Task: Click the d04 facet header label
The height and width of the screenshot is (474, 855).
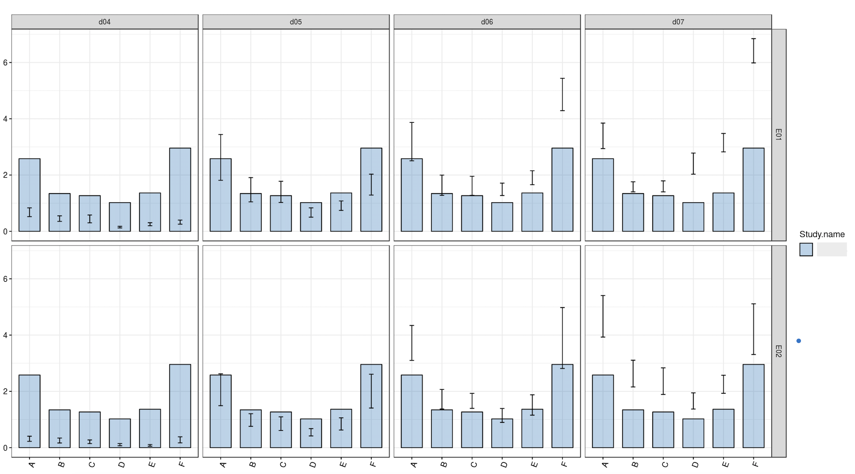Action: pyautogui.click(x=105, y=22)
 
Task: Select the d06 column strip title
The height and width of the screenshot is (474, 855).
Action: pyautogui.click(x=487, y=22)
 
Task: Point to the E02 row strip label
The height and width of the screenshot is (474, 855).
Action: pyautogui.click(x=778, y=351)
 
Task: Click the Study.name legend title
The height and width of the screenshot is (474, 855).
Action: pyautogui.click(x=822, y=234)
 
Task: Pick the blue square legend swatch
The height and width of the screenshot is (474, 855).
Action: pyautogui.click(x=806, y=249)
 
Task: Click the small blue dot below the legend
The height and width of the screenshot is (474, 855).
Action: pyautogui.click(x=798, y=341)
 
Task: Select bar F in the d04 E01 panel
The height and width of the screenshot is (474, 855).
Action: pyautogui.click(x=180, y=189)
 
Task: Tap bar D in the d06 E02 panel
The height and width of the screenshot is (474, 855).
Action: pyautogui.click(x=502, y=433)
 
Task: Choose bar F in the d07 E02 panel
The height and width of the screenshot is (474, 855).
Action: pyautogui.click(x=753, y=406)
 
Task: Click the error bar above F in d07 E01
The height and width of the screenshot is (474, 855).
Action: pyautogui.click(x=753, y=51)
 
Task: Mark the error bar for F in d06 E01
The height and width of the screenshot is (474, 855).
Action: pyautogui.click(x=562, y=94)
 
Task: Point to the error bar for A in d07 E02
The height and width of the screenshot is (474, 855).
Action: pyautogui.click(x=603, y=316)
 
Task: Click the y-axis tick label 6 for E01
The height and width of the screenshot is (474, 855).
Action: pyautogui.click(x=5, y=63)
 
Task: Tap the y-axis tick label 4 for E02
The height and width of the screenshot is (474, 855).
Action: pyautogui.click(x=5, y=335)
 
